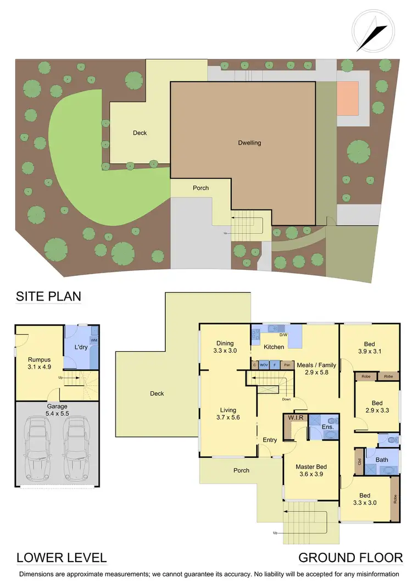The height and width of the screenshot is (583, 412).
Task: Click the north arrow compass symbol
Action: click(x=373, y=31)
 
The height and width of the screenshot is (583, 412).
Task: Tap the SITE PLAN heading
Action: click(x=48, y=297)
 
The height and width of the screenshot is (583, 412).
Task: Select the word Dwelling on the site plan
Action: click(x=249, y=143)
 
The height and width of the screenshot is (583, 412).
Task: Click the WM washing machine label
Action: click(x=94, y=341)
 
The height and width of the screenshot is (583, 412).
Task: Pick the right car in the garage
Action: click(x=78, y=445)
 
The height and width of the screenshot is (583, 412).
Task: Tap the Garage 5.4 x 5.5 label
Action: click(x=57, y=410)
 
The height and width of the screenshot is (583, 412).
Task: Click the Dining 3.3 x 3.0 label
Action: click(x=225, y=346)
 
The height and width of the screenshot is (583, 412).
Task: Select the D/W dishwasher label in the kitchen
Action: click(x=283, y=335)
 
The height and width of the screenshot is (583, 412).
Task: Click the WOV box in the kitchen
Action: click(x=264, y=364)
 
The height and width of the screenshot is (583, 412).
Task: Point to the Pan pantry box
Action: click(x=287, y=364)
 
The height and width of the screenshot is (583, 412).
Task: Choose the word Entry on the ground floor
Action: click(x=270, y=440)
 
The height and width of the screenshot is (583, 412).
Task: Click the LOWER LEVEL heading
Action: click(x=61, y=558)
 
